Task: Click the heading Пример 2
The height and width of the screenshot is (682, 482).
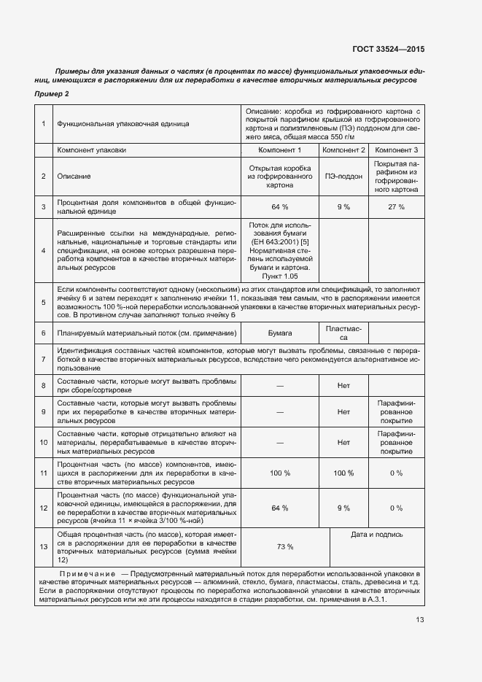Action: (52, 95)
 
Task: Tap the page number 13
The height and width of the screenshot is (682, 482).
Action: (420, 620)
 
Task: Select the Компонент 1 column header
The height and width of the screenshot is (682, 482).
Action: (280, 150)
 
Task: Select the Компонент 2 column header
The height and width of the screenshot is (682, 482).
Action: (343, 150)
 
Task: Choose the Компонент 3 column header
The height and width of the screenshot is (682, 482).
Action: (396, 150)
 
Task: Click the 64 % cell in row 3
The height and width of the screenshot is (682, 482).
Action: (280, 207)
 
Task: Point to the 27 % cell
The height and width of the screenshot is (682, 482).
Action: (396, 207)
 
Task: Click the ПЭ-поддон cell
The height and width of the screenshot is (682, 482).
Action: (343, 177)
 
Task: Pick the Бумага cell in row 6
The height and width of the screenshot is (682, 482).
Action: (280, 333)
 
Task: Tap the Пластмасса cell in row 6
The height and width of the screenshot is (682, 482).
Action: (343, 333)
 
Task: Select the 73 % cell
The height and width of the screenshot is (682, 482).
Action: (285, 547)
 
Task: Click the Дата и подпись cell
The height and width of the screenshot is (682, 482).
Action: (376, 535)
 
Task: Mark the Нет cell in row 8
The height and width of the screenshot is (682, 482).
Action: (343, 385)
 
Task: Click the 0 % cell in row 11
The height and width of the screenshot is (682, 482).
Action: (396, 473)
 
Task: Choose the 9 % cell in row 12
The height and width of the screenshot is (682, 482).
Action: (343, 508)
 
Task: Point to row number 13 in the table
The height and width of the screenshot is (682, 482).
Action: (44, 547)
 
